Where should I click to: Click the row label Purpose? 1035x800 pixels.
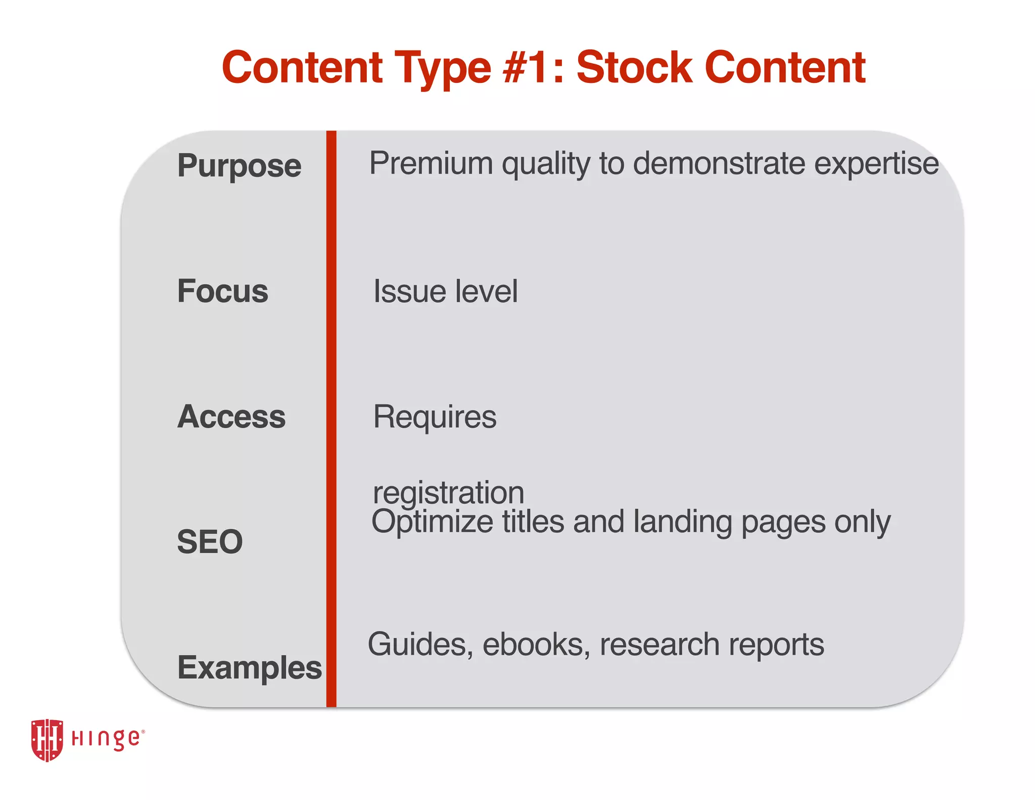[x=239, y=166]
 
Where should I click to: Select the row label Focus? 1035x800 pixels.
[x=222, y=291]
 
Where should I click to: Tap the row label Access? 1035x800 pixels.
[x=231, y=417]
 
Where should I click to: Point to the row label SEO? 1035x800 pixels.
[x=210, y=542]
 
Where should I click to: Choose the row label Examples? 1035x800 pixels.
[x=249, y=668]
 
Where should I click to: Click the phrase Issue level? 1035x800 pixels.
[x=445, y=291]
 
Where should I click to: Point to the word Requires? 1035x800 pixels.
[x=435, y=417]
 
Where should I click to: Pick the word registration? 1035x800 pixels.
[x=448, y=493]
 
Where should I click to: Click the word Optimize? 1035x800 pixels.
[x=432, y=522]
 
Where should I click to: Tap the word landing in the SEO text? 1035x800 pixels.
[x=682, y=522]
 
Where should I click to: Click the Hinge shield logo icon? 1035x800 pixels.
[x=47, y=740]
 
